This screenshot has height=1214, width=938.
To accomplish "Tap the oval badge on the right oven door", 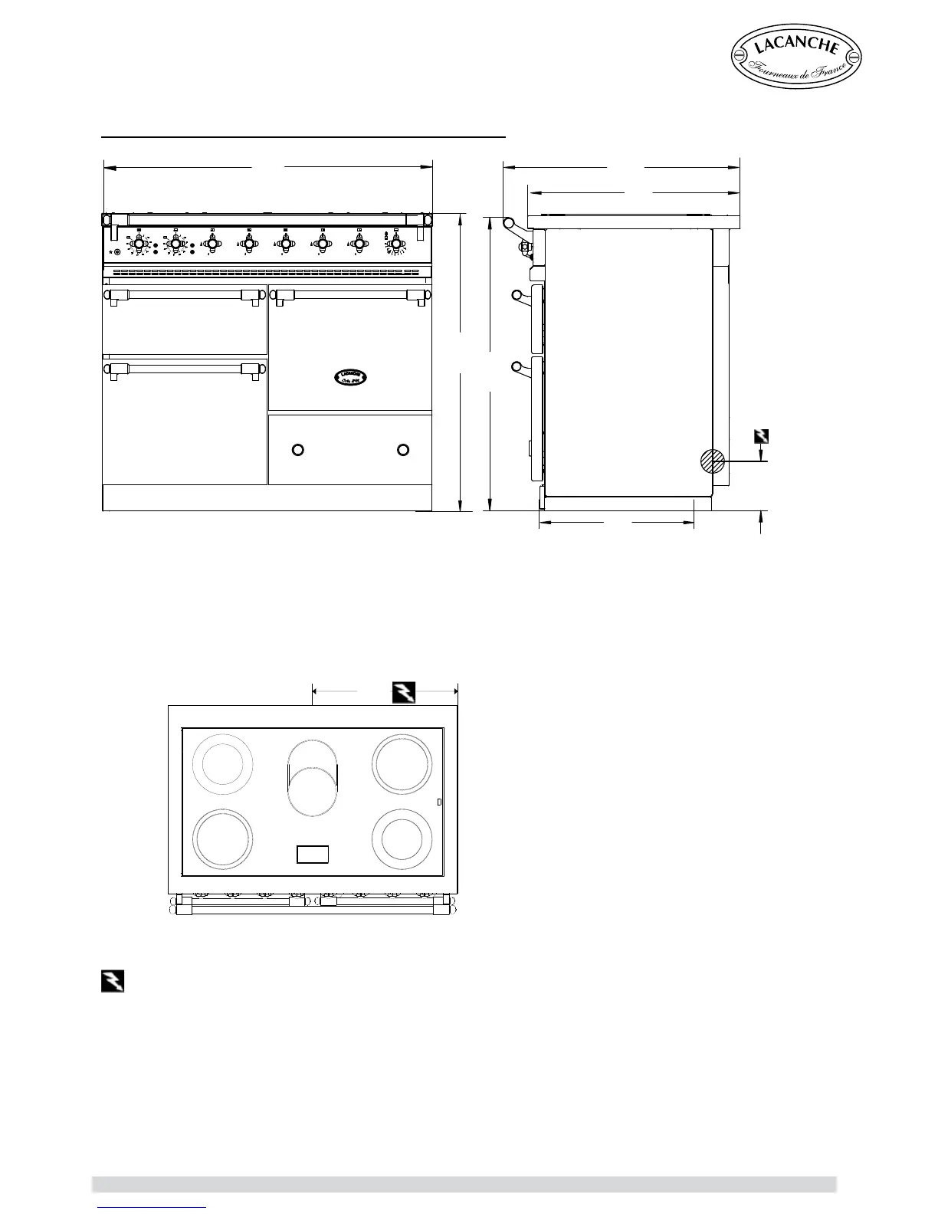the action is [x=351, y=376].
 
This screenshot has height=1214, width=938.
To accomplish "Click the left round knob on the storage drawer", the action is [x=300, y=448].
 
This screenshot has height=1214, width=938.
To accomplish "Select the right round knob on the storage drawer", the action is [x=403, y=448].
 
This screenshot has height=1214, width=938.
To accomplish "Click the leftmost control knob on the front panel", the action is [x=139, y=244].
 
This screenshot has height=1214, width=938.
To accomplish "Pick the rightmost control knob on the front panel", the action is [x=395, y=244].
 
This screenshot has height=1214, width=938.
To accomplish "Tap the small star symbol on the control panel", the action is [x=110, y=251].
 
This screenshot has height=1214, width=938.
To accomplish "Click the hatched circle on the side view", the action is [x=713, y=461].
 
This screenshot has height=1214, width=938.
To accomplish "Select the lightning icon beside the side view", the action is [x=761, y=437].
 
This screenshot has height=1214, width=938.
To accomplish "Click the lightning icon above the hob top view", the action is [x=404, y=691].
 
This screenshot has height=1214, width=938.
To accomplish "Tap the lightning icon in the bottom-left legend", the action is [x=113, y=982].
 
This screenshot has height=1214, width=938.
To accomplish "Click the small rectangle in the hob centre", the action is [x=313, y=854].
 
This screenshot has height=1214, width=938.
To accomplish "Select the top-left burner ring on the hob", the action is [x=222, y=764].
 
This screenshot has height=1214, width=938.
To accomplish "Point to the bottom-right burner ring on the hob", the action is [x=400, y=837].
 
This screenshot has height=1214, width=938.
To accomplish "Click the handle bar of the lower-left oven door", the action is [x=185, y=369].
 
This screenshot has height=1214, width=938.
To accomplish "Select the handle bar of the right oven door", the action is [x=349, y=294].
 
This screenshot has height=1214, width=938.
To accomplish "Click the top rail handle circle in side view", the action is [x=508, y=222].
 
